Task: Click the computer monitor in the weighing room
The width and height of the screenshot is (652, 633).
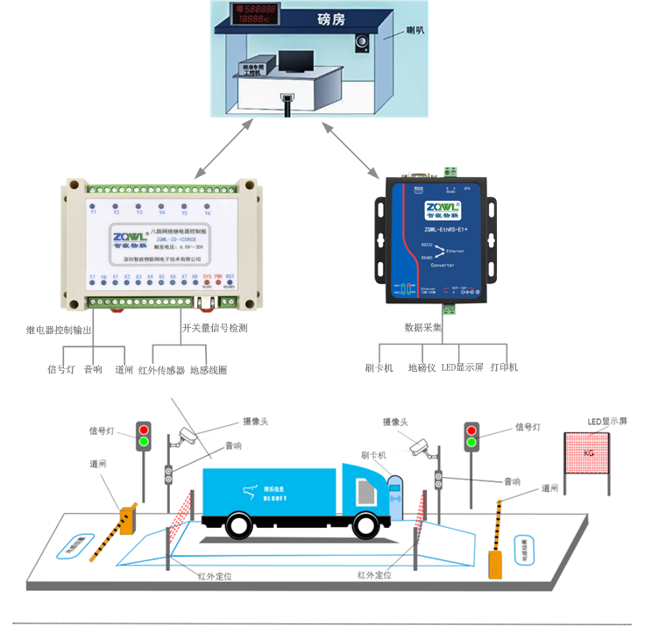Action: point(296,62)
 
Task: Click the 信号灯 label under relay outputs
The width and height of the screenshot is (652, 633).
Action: point(60,369)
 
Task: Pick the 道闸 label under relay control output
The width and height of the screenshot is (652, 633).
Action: point(124,370)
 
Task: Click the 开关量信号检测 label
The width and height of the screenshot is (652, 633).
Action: point(215,328)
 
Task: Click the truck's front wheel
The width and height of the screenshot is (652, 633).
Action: point(365,524)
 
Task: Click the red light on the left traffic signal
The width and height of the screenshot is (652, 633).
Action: point(144,429)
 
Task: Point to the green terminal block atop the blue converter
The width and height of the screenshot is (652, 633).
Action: point(451,171)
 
